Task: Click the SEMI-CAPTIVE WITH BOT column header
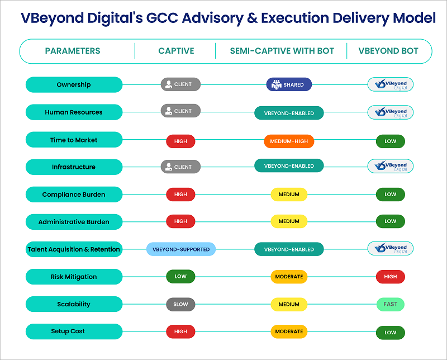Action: [282, 51]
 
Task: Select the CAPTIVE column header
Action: [176, 51]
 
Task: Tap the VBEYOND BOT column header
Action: [390, 51]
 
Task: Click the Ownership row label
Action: [74, 85]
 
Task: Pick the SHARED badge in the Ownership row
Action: [289, 85]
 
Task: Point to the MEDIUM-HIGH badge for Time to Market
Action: [289, 141]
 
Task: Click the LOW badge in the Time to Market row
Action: [390, 141]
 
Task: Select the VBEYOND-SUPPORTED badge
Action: [181, 249]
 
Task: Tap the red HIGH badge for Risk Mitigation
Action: [390, 277]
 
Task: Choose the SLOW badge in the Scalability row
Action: [180, 305]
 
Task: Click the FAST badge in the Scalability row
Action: [390, 305]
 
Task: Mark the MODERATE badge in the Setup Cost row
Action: [289, 331]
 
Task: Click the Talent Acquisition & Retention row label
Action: [74, 249]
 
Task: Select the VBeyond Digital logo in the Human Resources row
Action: [391, 112]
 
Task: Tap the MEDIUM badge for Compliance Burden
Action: [289, 195]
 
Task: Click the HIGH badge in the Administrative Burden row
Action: [180, 221]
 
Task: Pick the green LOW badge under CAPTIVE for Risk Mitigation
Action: [180, 277]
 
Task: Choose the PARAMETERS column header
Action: [73, 51]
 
